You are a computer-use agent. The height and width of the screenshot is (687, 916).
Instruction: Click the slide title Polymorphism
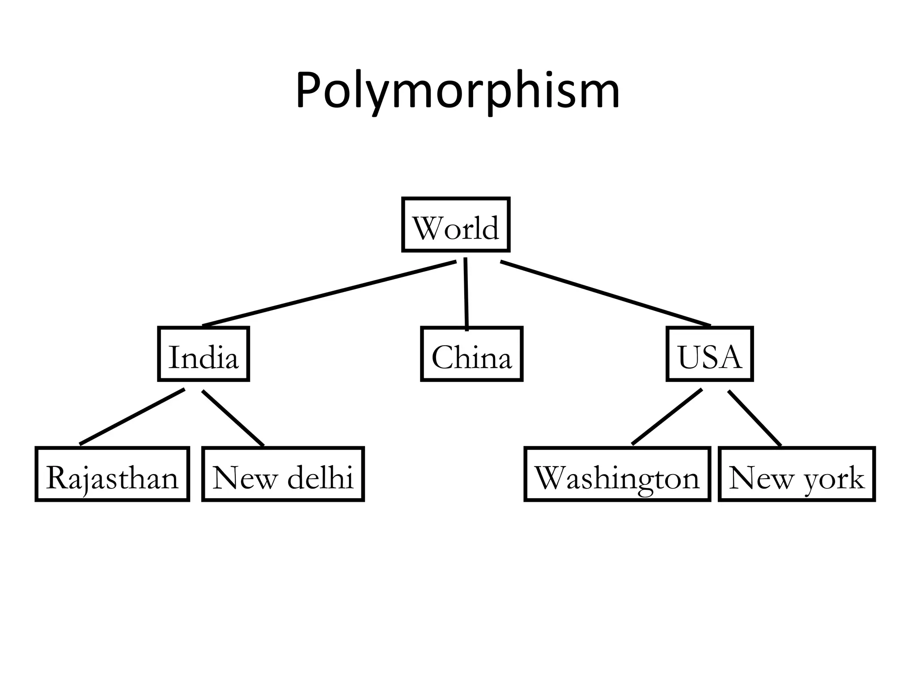pos(458,92)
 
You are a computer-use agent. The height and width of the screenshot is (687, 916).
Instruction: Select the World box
pos(456,225)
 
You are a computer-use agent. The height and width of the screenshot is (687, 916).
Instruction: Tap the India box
pos(204,354)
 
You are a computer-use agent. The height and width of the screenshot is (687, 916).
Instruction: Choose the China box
pos(471,354)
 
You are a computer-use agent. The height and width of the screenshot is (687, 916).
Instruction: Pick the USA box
pos(709,354)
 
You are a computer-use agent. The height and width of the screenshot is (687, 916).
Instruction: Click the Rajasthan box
pos(112,474)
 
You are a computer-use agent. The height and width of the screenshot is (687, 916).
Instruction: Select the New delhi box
pos(283,474)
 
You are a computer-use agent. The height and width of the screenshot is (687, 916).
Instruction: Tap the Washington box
pos(617,474)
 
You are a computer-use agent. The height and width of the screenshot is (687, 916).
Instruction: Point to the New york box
pos(796,474)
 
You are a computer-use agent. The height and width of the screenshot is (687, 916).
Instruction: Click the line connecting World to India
pos(329,293)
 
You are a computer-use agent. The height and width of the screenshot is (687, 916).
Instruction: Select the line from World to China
pos(466,294)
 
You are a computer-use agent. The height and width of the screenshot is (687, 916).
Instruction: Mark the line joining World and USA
pos(605,293)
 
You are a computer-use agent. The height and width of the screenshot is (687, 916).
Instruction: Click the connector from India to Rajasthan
pos(132,417)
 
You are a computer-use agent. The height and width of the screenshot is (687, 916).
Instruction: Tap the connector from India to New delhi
pos(233,418)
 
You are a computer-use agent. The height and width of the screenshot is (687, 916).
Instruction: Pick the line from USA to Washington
pos(666,417)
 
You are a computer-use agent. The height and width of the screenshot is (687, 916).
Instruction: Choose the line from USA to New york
pos(755,418)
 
